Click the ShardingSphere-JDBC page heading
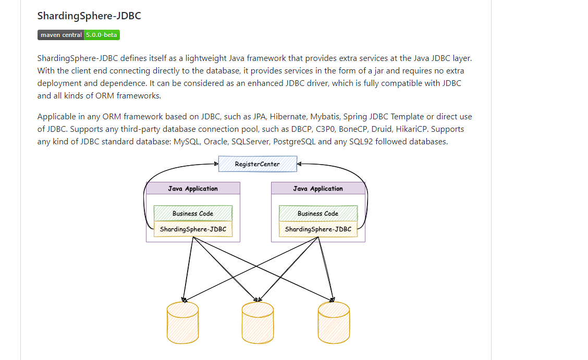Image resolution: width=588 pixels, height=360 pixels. pyautogui.click(x=89, y=16)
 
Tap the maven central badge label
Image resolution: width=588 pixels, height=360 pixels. pyautogui.click(x=61, y=35)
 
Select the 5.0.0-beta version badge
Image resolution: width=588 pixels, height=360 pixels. pyautogui.click(x=102, y=35)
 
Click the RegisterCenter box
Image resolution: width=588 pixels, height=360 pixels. pyautogui.click(x=257, y=164)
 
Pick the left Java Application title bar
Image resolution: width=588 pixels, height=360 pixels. pyautogui.click(x=193, y=189)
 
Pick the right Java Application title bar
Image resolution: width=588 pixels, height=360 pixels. pyautogui.click(x=318, y=189)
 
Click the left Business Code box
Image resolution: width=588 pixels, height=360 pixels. pyautogui.click(x=193, y=213)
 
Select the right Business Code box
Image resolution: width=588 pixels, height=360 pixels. pyautogui.click(x=318, y=213)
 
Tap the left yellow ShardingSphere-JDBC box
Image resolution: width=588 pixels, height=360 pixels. pyautogui.click(x=193, y=229)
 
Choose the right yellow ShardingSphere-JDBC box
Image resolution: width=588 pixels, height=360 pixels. pyautogui.click(x=318, y=229)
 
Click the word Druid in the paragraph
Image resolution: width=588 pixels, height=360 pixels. pyautogui.click(x=382, y=129)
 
